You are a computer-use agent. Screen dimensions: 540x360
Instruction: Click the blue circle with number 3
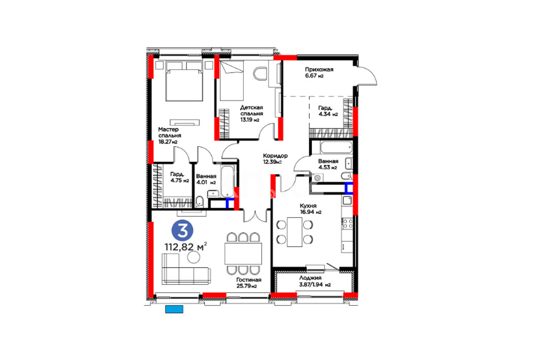182,231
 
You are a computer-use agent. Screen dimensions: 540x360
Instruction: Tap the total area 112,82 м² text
185,247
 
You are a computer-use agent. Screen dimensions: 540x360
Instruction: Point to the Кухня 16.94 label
310,209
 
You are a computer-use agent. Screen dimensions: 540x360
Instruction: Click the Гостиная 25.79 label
248,283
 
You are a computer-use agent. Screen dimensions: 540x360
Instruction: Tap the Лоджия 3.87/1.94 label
315,281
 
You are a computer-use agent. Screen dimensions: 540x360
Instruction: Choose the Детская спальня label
251,114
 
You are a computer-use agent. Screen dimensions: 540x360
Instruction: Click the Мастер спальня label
170,135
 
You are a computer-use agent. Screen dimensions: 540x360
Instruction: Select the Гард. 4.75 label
179,177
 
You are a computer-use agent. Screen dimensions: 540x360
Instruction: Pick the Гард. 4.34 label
328,111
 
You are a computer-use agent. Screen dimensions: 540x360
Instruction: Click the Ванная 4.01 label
206,179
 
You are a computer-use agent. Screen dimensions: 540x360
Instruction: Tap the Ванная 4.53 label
328,164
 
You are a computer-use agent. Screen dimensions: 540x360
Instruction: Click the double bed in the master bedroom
184,81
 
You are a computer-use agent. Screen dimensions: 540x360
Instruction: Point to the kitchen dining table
295,232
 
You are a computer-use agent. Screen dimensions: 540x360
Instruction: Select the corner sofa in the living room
186,269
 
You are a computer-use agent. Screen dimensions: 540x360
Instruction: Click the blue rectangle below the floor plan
174,309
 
